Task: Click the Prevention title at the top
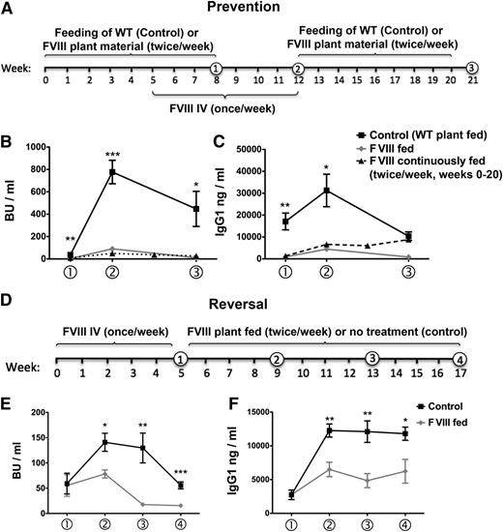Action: click(251, 10)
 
